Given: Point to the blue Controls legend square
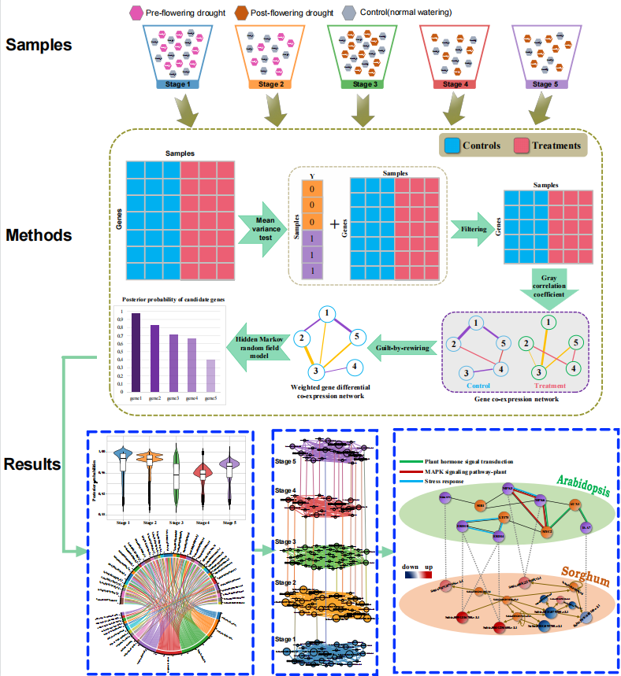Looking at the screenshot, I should point(451,145).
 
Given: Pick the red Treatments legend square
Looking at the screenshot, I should point(520,145).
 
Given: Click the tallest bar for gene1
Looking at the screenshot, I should point(136,352).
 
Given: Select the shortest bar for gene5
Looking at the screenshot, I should point(210,375).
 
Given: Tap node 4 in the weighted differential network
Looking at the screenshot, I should point(355,367).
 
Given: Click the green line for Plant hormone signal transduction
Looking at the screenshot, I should point(413,461).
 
